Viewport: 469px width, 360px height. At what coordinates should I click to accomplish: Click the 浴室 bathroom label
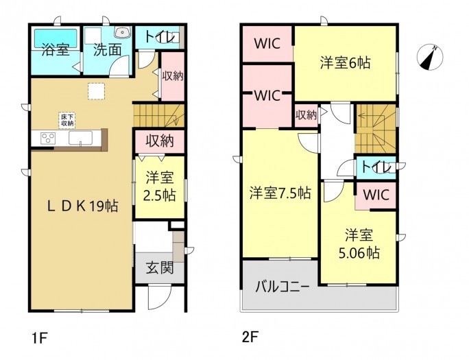pos(54,49)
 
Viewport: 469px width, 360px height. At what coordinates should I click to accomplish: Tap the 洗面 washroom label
pos(108,49)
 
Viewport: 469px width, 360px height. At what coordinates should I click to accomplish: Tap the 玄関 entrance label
pos(160,267)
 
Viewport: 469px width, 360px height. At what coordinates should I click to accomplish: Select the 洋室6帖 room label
pos(346,62)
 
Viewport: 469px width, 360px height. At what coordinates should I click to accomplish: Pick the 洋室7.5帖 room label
pos(280,193)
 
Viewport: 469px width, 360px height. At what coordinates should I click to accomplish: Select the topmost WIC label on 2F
pos(267,44)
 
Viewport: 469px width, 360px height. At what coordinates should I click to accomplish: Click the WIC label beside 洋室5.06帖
pos(375,195)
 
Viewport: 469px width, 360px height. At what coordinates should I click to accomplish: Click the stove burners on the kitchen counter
pos(47,139)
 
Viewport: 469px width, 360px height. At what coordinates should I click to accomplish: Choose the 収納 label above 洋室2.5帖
pos(160,141)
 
